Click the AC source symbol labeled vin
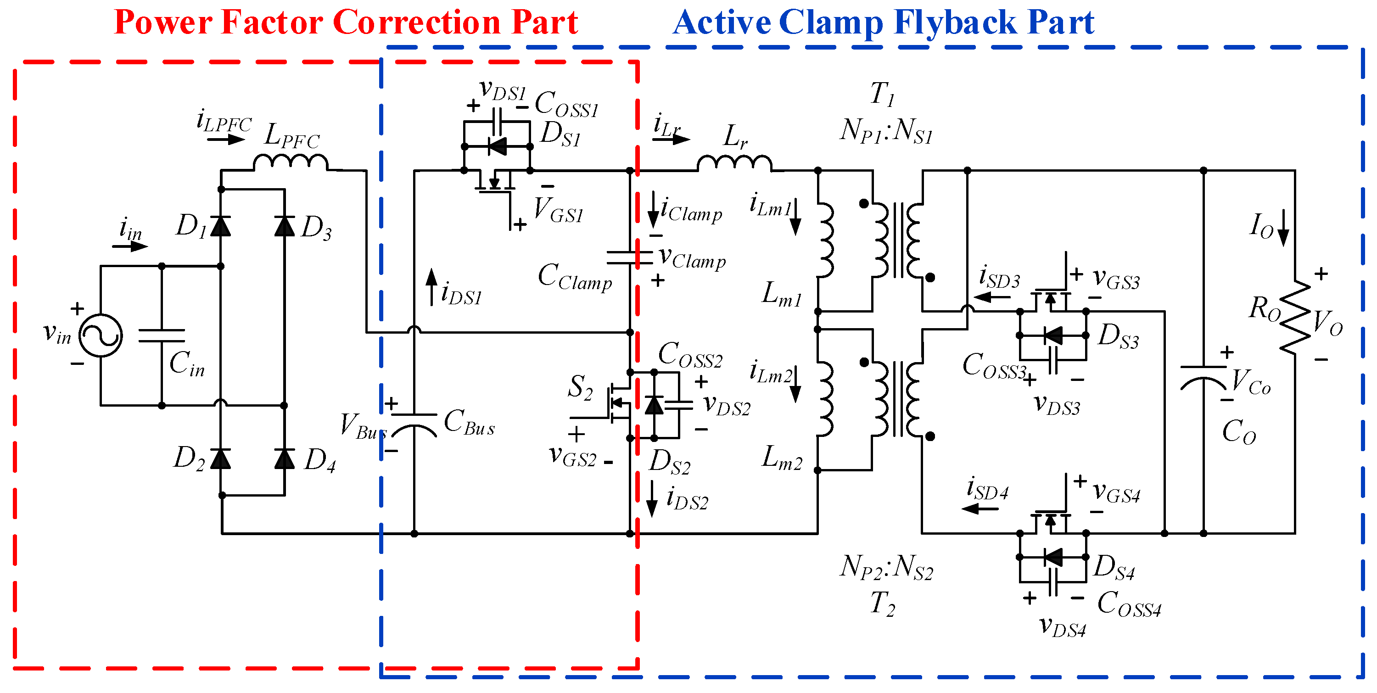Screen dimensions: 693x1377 (101, 335)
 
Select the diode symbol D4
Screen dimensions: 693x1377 (285, 458)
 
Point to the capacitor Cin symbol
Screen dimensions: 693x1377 (162, 335)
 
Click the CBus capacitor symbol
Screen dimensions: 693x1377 (414, 422)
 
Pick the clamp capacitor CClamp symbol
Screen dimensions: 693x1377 (630, 257)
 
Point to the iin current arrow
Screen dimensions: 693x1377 (130, 246)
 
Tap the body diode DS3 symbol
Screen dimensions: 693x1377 (1052, 335)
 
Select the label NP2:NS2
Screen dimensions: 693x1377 (886, 567)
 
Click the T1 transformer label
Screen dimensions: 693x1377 (882, 95)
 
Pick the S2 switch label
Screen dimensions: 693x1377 (580, 387)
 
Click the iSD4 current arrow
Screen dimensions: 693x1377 (980, 509)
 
